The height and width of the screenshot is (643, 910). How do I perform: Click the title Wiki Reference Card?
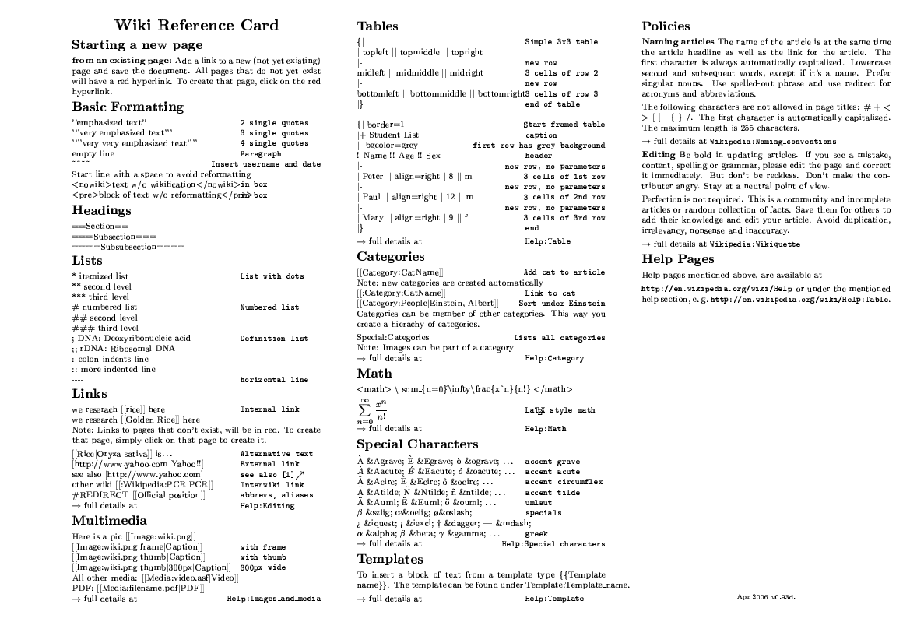(x=196, y=26)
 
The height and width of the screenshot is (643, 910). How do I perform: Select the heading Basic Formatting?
(x=128, y=107)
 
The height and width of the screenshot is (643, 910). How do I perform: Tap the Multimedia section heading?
(x=109, y=520)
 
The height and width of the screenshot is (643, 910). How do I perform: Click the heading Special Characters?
(x=417, y=444)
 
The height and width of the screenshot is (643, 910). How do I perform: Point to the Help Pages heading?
(x=677, y=259)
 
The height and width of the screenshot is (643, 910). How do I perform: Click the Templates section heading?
(x=390, y=559)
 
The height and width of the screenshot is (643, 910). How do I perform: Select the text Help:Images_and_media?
(x=273, y=599)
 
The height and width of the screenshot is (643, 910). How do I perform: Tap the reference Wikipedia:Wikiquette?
(x=754, y=244)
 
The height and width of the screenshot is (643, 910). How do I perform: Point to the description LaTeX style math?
(x=560, y=410)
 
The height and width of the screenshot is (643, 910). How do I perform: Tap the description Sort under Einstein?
(x=561, y=303)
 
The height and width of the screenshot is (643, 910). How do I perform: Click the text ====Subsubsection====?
(x=128, y=246)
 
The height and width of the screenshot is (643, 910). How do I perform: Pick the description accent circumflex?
(x=564, y=482)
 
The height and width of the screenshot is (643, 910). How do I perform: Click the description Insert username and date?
(x=265, y=165)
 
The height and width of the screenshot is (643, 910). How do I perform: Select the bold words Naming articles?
(x=678, y=41)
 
